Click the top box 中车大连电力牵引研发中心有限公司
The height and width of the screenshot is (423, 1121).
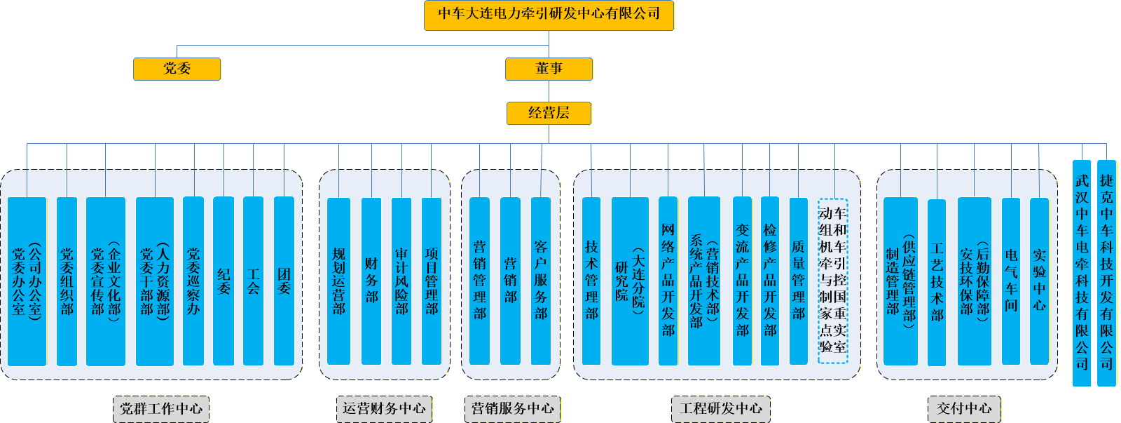[549, 15]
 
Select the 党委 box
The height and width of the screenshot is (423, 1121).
[177, 69]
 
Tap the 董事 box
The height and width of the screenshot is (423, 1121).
[549, 69]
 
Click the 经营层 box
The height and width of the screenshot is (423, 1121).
[549, 113]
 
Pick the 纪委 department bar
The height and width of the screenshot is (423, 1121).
[223, 281]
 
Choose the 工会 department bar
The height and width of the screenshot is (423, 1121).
[253, 281]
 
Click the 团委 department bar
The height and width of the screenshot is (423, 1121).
[284, 281]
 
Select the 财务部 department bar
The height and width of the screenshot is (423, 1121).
[371, 281]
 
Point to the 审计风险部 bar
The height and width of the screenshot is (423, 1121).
[401, 281]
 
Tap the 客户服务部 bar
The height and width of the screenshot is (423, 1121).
[541, 281]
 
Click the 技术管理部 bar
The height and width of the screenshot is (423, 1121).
[591, 281]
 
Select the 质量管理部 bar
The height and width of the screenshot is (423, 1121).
[799, 281]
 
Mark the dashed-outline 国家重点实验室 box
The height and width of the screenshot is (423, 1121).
[833, 281]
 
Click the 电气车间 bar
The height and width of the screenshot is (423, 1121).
[1011, 281]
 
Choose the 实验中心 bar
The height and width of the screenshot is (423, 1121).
[1039, 281]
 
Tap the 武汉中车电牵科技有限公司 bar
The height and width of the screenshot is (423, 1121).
[1082, 274]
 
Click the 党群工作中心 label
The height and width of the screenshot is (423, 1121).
[161, 409]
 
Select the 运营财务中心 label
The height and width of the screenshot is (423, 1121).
[384, 409]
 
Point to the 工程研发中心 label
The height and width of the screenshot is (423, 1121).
[721, 409]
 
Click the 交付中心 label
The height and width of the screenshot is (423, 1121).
[964, 409]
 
